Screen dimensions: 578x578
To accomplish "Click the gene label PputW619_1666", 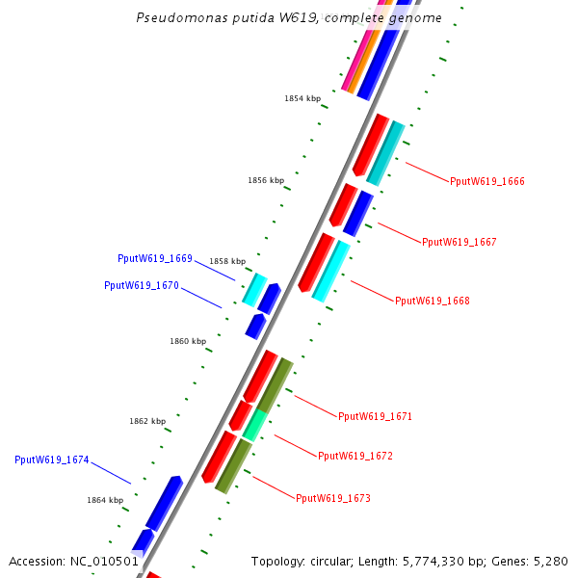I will (x=486, y=181).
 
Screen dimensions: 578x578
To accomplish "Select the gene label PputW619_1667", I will (x=459, y=242).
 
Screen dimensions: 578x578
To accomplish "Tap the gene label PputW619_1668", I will (x=432, y=301).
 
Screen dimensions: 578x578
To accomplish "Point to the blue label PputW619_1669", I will (x=155, y=258).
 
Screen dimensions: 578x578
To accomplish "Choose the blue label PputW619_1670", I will (x=142, y=285).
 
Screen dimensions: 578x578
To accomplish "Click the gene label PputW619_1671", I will (x=375, y=416).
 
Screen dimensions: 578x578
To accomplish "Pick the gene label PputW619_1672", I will (x=355, y=456).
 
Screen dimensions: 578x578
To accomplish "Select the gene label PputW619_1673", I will (x=332, y=498).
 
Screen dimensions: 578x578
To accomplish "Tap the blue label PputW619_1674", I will (x=52, y=460).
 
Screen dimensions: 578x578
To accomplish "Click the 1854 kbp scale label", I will (x=302, y=98).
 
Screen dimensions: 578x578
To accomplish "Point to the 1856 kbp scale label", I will (x=266, y=180).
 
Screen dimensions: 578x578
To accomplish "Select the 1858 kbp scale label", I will (x=227, y=261).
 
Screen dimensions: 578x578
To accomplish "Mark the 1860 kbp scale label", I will (x=188, y=341).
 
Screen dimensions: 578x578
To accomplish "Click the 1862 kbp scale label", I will (x=147, y=421).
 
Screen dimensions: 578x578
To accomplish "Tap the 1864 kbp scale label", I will (x=105, y=500).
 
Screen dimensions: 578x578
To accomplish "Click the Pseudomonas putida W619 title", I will (x=289, y=17).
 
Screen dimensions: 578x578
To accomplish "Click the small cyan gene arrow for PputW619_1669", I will (x=254, y=289).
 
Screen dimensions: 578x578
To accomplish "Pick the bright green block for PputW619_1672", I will (x=253, y=424).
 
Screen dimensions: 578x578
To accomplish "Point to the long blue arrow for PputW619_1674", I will (x=163, y=502).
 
